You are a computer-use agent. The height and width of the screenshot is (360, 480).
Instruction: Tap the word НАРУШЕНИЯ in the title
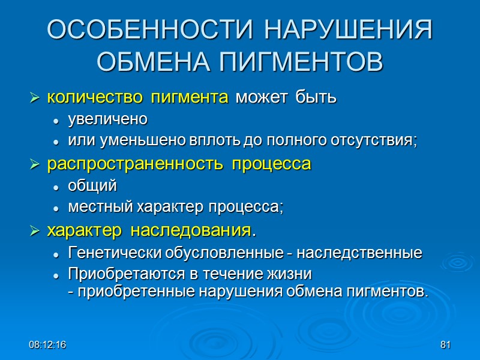pos(348,31)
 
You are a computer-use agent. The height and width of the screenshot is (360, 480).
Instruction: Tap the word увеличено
pos(107,119)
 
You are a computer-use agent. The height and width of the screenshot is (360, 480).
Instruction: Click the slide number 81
pos(445,346)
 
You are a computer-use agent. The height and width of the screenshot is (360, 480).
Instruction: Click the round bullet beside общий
pos(56,187)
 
